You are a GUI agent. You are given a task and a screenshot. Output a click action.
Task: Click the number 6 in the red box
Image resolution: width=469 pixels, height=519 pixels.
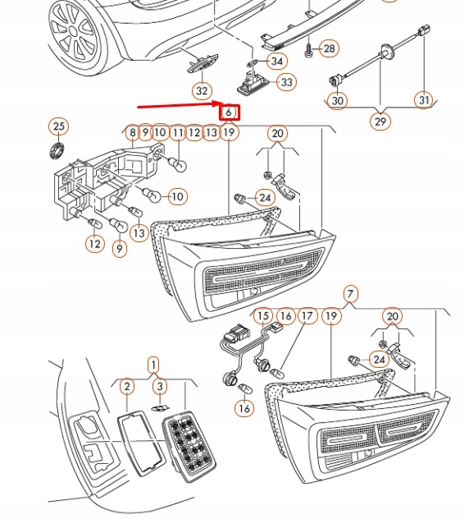(230, 112)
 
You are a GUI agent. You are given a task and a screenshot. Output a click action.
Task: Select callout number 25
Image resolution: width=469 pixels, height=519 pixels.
(58, 126)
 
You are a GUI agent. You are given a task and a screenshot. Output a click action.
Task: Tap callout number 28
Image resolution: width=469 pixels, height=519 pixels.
(328, 48)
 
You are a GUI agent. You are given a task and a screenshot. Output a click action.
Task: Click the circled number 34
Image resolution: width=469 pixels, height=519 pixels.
(276, 61)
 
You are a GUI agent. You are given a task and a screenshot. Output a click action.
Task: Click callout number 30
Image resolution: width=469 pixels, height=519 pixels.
(337, 100)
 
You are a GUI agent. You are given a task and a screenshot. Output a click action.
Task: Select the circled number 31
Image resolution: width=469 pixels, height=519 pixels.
(423, 100)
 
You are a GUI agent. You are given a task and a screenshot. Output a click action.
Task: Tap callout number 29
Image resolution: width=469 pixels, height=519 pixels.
(380, 122)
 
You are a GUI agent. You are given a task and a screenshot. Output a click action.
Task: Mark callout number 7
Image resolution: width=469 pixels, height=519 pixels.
(350, 294)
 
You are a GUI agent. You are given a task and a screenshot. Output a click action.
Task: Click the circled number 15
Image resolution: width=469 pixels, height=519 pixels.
(262, 316)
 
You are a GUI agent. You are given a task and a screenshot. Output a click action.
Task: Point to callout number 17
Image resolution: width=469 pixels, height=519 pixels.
(307, 316)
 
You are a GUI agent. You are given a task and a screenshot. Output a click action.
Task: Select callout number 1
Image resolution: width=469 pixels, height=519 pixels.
(153, 365)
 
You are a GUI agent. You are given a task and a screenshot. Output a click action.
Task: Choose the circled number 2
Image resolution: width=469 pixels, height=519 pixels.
(126, 386)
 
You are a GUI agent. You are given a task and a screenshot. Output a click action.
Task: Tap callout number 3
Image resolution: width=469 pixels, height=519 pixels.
(161, 386)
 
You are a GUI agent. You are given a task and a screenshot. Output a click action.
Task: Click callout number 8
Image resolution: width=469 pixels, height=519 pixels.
(130, 132)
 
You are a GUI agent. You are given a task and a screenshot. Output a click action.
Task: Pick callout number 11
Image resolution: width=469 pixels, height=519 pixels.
(178, 132)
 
